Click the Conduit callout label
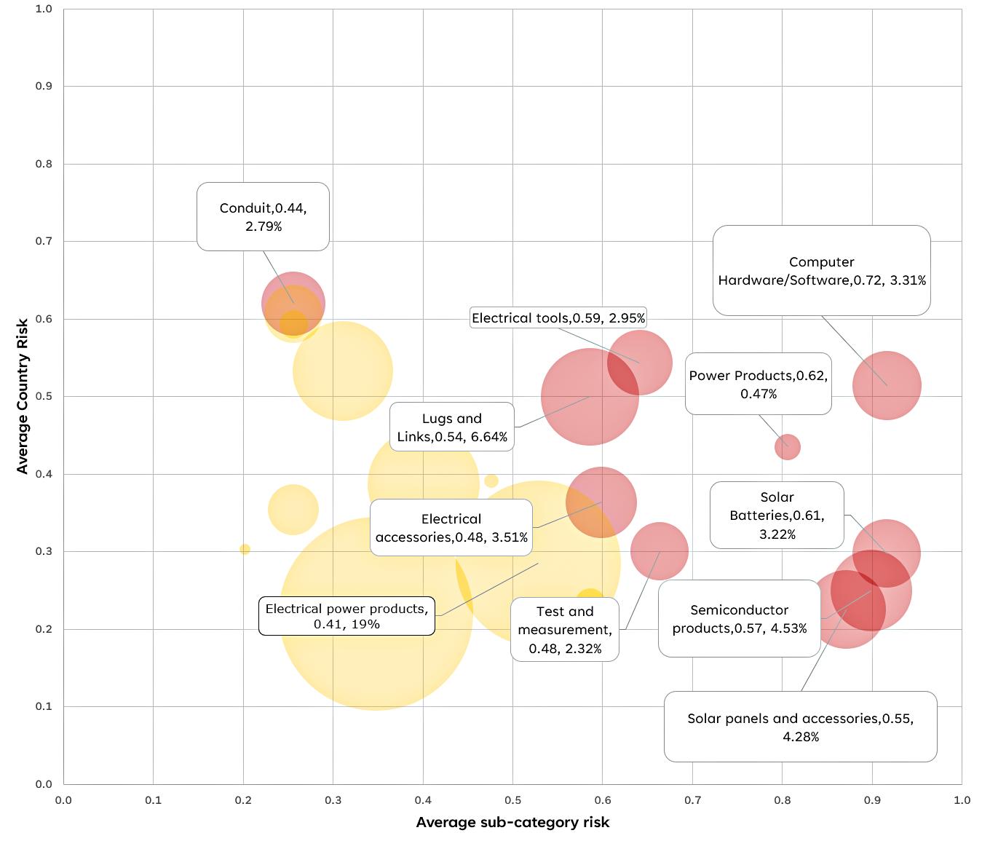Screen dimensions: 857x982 click(x=263, y=217)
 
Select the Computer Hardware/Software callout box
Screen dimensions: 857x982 click(x=821, y=271)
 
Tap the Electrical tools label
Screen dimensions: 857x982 click(x=558, y=318)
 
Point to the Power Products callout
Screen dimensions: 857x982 click(x=758, y=384)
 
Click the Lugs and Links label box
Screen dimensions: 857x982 click(x=451, y=427)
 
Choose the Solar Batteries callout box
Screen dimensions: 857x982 click(x=776, y=515)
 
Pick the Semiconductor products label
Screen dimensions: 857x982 click(x=739, y=618)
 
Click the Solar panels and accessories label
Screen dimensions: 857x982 click(x=800, y=727)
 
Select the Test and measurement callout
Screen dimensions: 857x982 click(x=565, y=629)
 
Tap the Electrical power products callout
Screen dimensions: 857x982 click(x=347, y=616)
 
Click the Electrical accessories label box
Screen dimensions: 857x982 click(x=451, y=528)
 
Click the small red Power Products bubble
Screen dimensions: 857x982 click(x=787, y=446)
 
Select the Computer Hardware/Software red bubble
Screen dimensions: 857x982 click(x=887, y=385)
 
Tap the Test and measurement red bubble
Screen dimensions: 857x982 click(x=660, y=551)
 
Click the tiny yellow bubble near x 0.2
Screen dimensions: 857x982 click(x=245, y=549)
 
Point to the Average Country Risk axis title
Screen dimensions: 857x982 click(x=22, y=396)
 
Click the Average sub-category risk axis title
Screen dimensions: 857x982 click(x=512, y=822)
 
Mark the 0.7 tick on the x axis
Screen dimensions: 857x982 click(x=692, y=800)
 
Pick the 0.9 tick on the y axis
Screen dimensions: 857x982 click(x=44, y=86)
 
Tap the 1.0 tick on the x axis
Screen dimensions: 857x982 click(x=962, y=800)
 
